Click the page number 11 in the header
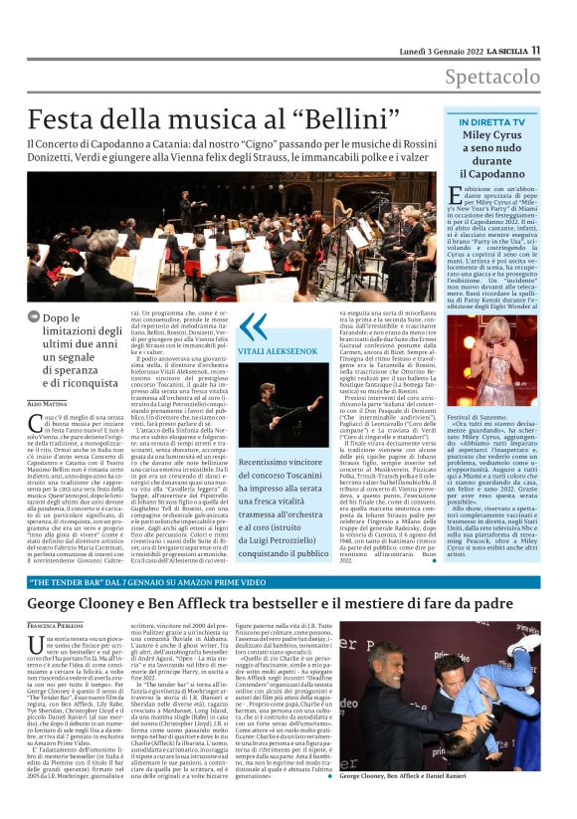[535, 50]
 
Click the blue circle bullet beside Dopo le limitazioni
[34, 318]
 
